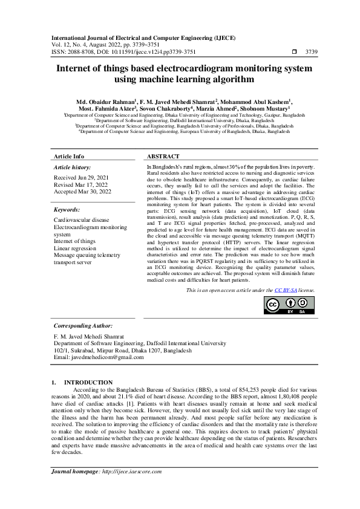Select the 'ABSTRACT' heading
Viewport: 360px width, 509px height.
pyautogui.click(x=163, y=156)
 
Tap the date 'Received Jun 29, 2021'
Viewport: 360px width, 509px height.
pyautogui.click(x=82, y=178)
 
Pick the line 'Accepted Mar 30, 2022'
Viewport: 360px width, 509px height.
pyautogui.click(x=83, y=192)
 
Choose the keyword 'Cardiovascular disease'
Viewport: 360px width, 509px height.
pyautogui.click(x=82, y=220)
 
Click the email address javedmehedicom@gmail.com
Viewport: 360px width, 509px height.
pyautogui.click(x=106, y=357)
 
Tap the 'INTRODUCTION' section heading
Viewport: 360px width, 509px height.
pyautogui.click(x=88, y=382)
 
